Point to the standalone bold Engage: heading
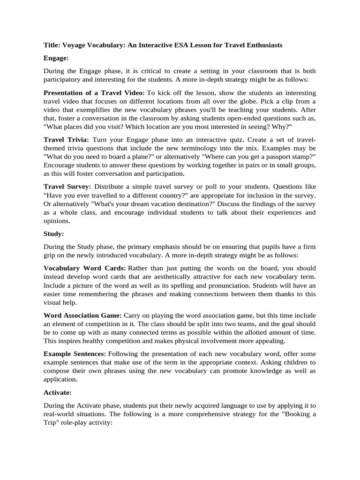point(56,58)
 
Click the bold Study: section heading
point(53,232)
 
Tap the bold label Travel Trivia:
point(66,140)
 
